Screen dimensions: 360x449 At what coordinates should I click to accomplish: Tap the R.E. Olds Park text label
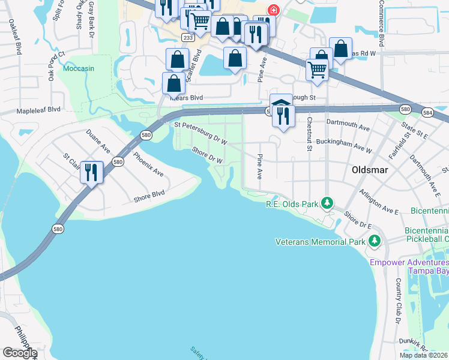coord(292,205)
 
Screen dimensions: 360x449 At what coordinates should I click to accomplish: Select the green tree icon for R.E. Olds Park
coord(327,203)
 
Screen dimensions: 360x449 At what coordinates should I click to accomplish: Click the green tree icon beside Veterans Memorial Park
coord(375,241)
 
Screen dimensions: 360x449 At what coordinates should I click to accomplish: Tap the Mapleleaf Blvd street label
coord(39,110)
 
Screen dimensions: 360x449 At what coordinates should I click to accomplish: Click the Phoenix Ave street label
coord(148,164)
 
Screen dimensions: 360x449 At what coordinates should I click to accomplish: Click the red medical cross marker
coord(274,10)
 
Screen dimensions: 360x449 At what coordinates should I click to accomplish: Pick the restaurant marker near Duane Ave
coord(91,172)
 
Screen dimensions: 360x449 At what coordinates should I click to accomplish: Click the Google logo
coord(20,353)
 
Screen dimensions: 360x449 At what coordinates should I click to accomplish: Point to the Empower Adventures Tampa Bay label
coord(409,266)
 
